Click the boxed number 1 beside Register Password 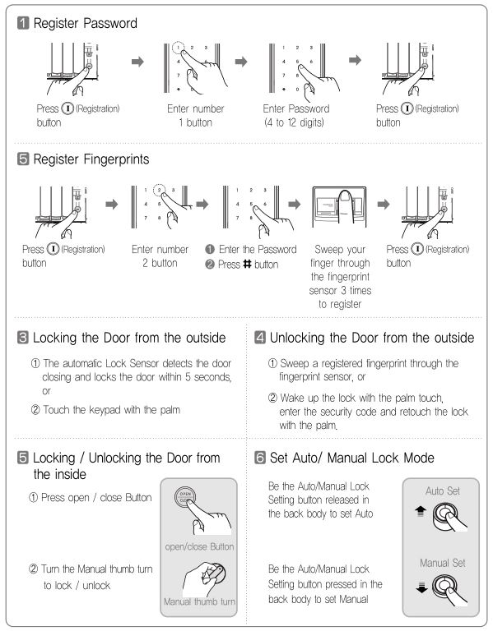pos(23,23)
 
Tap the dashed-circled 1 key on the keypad pos(178,48)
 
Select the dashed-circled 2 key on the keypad pos(159,190)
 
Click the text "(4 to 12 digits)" pos(294,122)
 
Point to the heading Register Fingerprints pos(91,159)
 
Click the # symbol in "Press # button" pos(247,264)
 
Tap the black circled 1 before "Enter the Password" pos(210,249)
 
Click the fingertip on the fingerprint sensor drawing pos(345,196)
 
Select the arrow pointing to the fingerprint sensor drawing pos(295,204)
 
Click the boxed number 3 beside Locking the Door pos(23,337)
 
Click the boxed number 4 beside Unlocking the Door pos(260,337)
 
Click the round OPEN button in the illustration pos(185,496)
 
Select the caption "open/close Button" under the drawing pos(199,546)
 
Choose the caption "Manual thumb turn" pos(199,601)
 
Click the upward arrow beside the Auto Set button pos(421,511)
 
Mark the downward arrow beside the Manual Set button pos(421,587)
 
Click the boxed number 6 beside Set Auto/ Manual pos(260,458)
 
